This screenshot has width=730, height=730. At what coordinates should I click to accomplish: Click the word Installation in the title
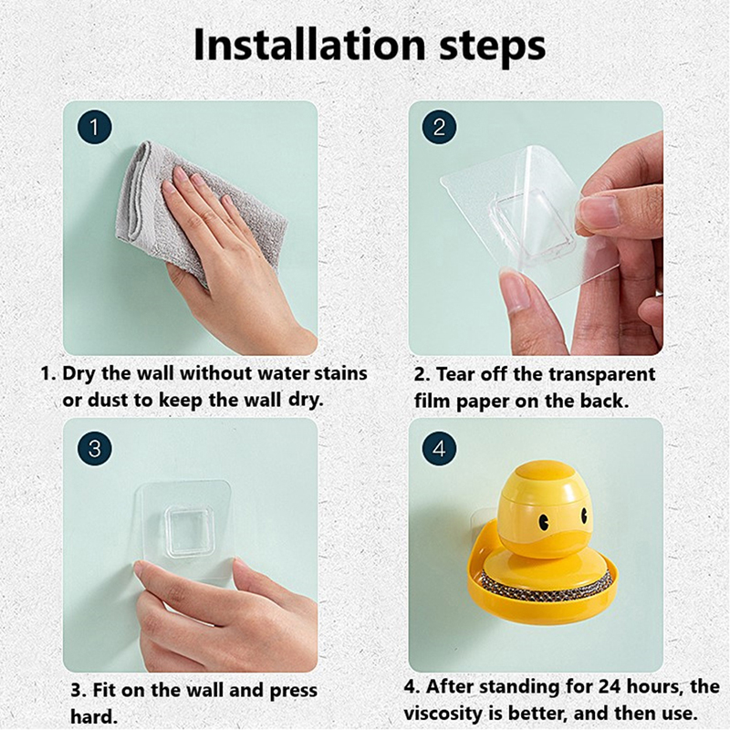pyautogui.click(x=309, y=45)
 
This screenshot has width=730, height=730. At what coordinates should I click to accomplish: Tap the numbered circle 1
pyautogui.click(x=95, y=127)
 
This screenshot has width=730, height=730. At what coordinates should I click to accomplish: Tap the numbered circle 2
pyautogui.click(x=440, y=127)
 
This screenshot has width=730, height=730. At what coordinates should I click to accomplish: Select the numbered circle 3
pyautogui.click(x=95, y=449)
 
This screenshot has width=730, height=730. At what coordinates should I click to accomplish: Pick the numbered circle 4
pyautogui.click(x=440, y=449)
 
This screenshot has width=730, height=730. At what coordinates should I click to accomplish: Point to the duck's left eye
pyautogui.click(x=542, y=521)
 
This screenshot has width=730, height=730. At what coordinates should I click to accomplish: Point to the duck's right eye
pyautogui.click(x=583, y=516)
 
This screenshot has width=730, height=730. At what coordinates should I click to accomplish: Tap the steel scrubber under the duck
pyautogui.click(x=546, y=582)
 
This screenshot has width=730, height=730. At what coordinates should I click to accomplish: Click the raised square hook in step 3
pyautogui.click(x=190, y=532)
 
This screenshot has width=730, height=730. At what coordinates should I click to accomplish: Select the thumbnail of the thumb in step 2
pyautogui.click(x=601, y=211)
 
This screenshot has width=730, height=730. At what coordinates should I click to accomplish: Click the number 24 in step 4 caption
pyautogui.click(x=610, y=686)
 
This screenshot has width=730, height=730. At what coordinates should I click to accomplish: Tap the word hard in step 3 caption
pyautogui.click(x=93, y=716)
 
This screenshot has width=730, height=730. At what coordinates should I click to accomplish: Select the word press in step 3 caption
pyautogui.click(x=293, y=692)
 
